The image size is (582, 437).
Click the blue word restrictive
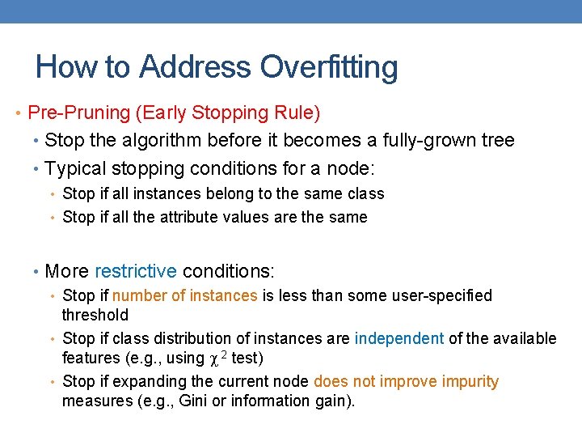pyautogui.click(x=136, y=270)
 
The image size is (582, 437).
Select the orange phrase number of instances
pyautogui.click(x=184, y=296)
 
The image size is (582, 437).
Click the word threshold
pyautogui.click(x=95, y=315)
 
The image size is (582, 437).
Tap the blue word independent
pyautogui.click(x=399, y=338)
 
